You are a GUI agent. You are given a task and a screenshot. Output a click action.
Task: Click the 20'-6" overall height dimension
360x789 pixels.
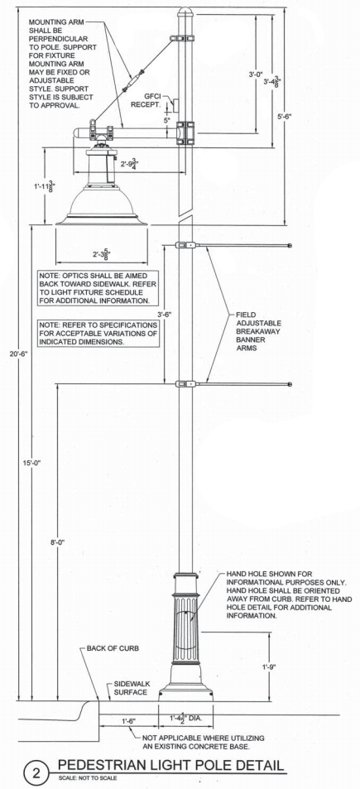point(18,354)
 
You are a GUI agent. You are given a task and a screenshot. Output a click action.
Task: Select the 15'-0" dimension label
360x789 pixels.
point(31,463)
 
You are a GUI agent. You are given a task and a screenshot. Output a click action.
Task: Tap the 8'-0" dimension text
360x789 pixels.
point(58,542)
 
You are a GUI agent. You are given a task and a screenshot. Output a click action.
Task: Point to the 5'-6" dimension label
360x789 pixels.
point(285,116)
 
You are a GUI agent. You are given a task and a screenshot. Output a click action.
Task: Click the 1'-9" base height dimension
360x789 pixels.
point(270,667)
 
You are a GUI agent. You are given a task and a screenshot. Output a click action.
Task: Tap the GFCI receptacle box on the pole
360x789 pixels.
point(175,105)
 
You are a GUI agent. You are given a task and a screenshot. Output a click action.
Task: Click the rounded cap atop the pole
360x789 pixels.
point(185,11)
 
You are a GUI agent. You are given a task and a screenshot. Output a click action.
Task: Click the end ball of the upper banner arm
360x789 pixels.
point(290,246)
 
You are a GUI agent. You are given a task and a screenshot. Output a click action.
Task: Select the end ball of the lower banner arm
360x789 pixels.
point(290,384)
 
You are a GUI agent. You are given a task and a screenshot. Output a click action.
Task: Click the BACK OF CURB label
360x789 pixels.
point(113,648)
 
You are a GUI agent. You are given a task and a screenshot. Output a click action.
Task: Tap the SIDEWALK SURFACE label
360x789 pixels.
point(131,688)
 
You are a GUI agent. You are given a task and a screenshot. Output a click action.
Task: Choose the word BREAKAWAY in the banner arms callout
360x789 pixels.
point(258,332)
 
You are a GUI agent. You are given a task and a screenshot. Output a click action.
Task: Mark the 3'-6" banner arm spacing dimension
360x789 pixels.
point(165,315)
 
